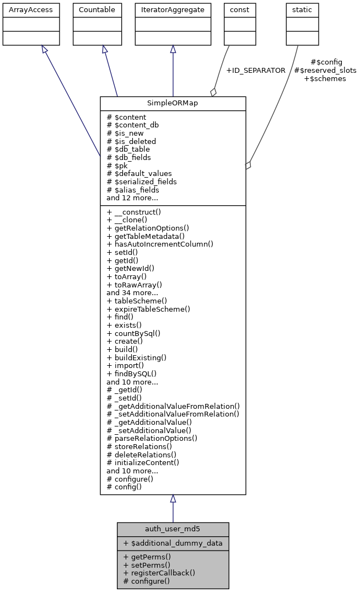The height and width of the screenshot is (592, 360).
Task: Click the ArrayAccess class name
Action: (23, 10)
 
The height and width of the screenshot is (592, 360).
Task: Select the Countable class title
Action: (97, 10)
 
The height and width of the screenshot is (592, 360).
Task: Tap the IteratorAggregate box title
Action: (173, 10)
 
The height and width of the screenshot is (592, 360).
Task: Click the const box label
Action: (239, 10)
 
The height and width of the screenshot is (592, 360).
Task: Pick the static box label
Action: (301, 10)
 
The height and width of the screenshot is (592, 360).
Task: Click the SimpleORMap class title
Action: (173, 104)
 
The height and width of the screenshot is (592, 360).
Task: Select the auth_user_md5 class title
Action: (173, 529)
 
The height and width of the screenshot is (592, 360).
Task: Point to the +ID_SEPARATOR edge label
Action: (256, 71)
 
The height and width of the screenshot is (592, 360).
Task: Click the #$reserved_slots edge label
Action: (325, 71)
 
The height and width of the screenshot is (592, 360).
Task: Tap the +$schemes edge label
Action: (325, 79)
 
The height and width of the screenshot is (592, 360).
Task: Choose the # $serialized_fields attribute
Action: (142, 182)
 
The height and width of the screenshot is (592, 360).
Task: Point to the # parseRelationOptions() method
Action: (152, 439)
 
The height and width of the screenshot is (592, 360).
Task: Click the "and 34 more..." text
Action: (132, 293)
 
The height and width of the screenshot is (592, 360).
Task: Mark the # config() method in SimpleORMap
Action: (124, 487)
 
